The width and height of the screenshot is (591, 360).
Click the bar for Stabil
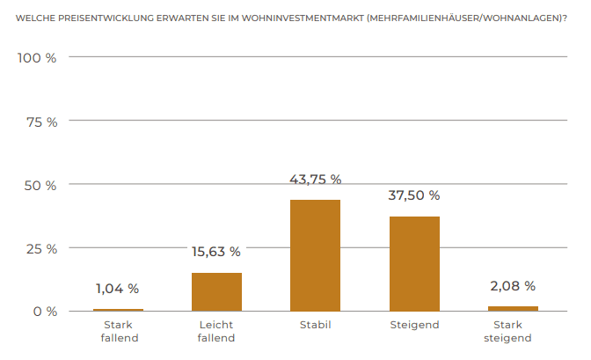tap(315, 255)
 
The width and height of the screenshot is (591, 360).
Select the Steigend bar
tap(414, 263)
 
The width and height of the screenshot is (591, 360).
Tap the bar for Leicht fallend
tap(216, 291)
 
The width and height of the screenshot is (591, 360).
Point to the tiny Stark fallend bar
tap(118, 310)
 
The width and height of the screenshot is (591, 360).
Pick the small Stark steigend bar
tap(513, 308)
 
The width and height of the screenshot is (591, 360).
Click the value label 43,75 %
tap(315, 179)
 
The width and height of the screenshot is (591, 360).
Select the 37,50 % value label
tap(414, 195)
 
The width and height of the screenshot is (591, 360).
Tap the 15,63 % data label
tap(216, 252)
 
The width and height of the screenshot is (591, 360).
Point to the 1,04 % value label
tap(118, 288)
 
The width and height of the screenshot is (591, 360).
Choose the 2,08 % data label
tap(513, 286)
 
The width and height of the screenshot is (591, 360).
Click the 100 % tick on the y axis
tap(37, 58)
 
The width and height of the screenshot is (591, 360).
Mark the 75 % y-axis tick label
tap(40, 121)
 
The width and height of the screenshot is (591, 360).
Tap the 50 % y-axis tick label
tap(40, 185)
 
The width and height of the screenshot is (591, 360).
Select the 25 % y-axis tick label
tap(40, 248)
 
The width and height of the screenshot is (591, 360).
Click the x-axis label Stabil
tap(315, 326)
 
